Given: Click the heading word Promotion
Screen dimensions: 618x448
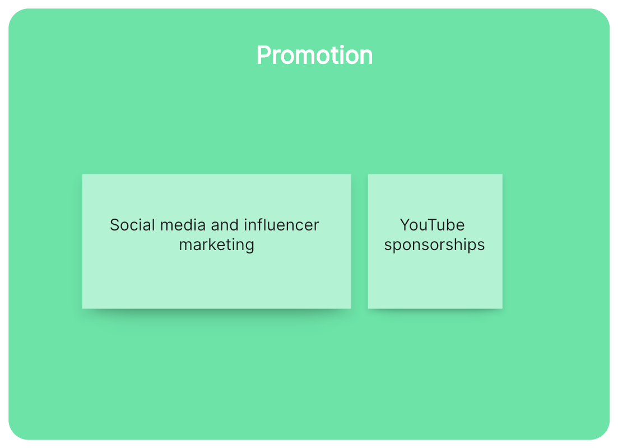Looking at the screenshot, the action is [314, 55].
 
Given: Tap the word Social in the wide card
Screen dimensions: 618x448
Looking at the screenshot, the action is [132, 225].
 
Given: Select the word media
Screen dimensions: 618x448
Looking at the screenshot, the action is [183, 225].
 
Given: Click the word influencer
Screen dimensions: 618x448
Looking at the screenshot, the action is [281, 225].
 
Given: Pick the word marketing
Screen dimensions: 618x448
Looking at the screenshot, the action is [216, 245].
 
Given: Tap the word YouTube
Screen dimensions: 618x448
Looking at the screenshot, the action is [433, 225].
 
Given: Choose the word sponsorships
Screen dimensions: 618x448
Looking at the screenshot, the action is [434, 245].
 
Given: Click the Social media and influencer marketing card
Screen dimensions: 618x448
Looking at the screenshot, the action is [216, 241].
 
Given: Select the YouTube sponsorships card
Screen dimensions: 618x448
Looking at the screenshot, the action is [435, 241].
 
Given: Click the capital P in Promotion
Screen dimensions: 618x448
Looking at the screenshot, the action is [264, 55].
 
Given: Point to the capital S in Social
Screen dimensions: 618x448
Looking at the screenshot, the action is [115, 225].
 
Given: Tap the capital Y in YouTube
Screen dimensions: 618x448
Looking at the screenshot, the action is [406, 225].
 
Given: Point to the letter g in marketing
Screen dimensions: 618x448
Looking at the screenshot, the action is [249, 247].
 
